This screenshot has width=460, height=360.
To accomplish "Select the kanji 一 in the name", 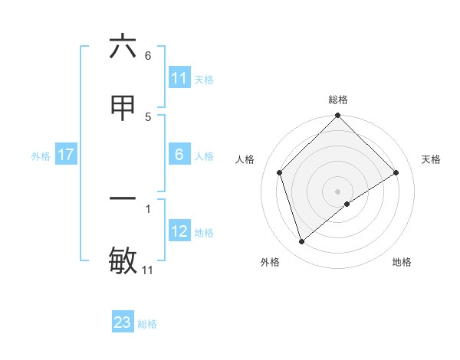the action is coord(123,198).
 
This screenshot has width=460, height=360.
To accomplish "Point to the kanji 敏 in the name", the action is coord(123,260).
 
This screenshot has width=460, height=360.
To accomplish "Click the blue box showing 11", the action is coord(179,78).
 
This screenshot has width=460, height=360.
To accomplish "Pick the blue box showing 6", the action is coord(179,155).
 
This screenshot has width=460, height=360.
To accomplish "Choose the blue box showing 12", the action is coord(179,231).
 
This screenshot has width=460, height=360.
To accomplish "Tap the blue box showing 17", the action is coord(65,155).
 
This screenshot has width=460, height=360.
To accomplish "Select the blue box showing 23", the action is coord(123,322).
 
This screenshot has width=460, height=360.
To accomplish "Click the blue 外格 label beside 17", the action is coord(41,155).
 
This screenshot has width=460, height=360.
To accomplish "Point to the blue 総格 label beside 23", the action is coord(147,323).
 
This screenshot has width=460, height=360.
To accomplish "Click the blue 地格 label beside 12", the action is coord(204,232).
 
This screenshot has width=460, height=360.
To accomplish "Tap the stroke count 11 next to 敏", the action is coord(148,270).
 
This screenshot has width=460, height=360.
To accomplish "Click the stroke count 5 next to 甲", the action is coord(148,116).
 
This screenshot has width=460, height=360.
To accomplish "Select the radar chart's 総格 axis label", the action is coord(338,100).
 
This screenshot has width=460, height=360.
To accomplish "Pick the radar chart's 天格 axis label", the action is coord(432,159).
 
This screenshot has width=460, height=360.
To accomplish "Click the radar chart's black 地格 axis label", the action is coord(402,262).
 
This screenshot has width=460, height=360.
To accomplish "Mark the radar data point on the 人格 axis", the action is coord(280,172).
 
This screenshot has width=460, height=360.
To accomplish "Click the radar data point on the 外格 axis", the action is coord(301,242).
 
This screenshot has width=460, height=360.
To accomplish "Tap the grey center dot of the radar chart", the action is coord(338,191).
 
